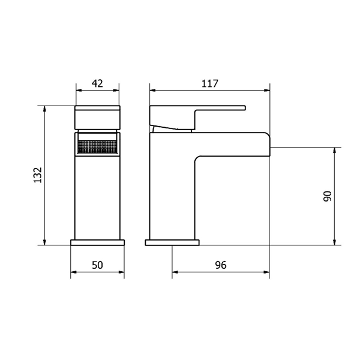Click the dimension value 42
click(97, 83)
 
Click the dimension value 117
click(209, 83)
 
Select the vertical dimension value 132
click(38, 175)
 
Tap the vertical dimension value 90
click(328, 196)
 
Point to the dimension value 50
click(97, 265)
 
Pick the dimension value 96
click(221, 265)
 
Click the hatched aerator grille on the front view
click(97, 147)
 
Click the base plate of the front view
click(97, 242)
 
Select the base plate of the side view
click(172, 242)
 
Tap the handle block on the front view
click(97, 118)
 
